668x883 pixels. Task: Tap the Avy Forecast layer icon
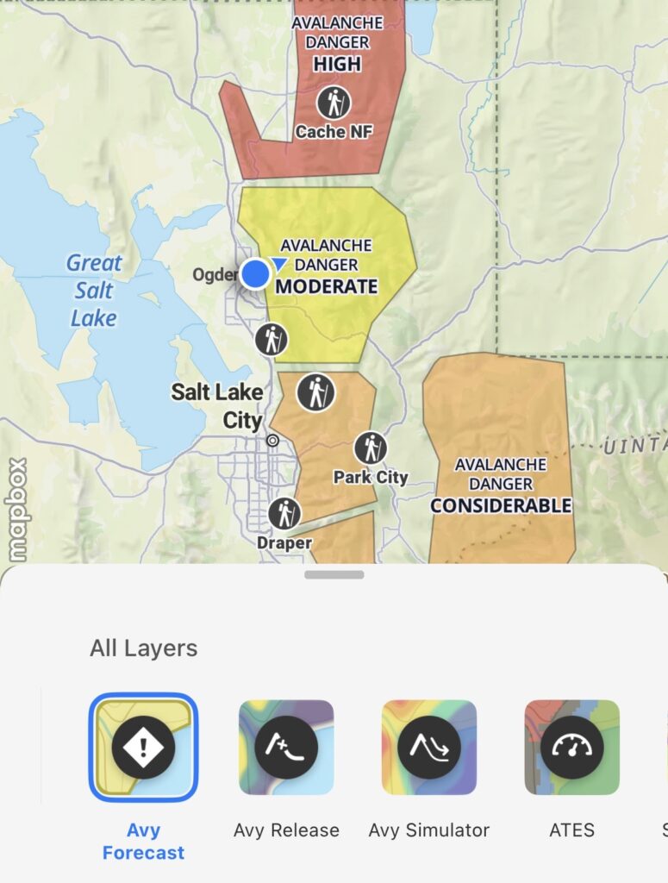143,747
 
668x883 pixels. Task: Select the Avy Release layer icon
286,747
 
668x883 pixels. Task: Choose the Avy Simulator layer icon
429,747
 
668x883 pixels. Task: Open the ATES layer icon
572,747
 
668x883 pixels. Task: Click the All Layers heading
144,648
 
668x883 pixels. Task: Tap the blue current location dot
255,273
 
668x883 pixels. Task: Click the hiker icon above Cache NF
334,103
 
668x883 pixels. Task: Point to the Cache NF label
334,132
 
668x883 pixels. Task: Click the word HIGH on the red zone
337,64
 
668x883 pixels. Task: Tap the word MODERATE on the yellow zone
327,286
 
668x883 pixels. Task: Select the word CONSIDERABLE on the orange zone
501,505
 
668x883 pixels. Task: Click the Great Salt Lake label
94,291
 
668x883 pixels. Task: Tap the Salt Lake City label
216,405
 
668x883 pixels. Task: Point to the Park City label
371,477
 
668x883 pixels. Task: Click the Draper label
284,543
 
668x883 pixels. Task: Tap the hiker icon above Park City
371,448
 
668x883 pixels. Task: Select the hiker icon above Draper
284,514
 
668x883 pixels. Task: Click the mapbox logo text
16,509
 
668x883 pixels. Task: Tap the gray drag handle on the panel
334,574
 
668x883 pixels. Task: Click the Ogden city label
214,274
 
